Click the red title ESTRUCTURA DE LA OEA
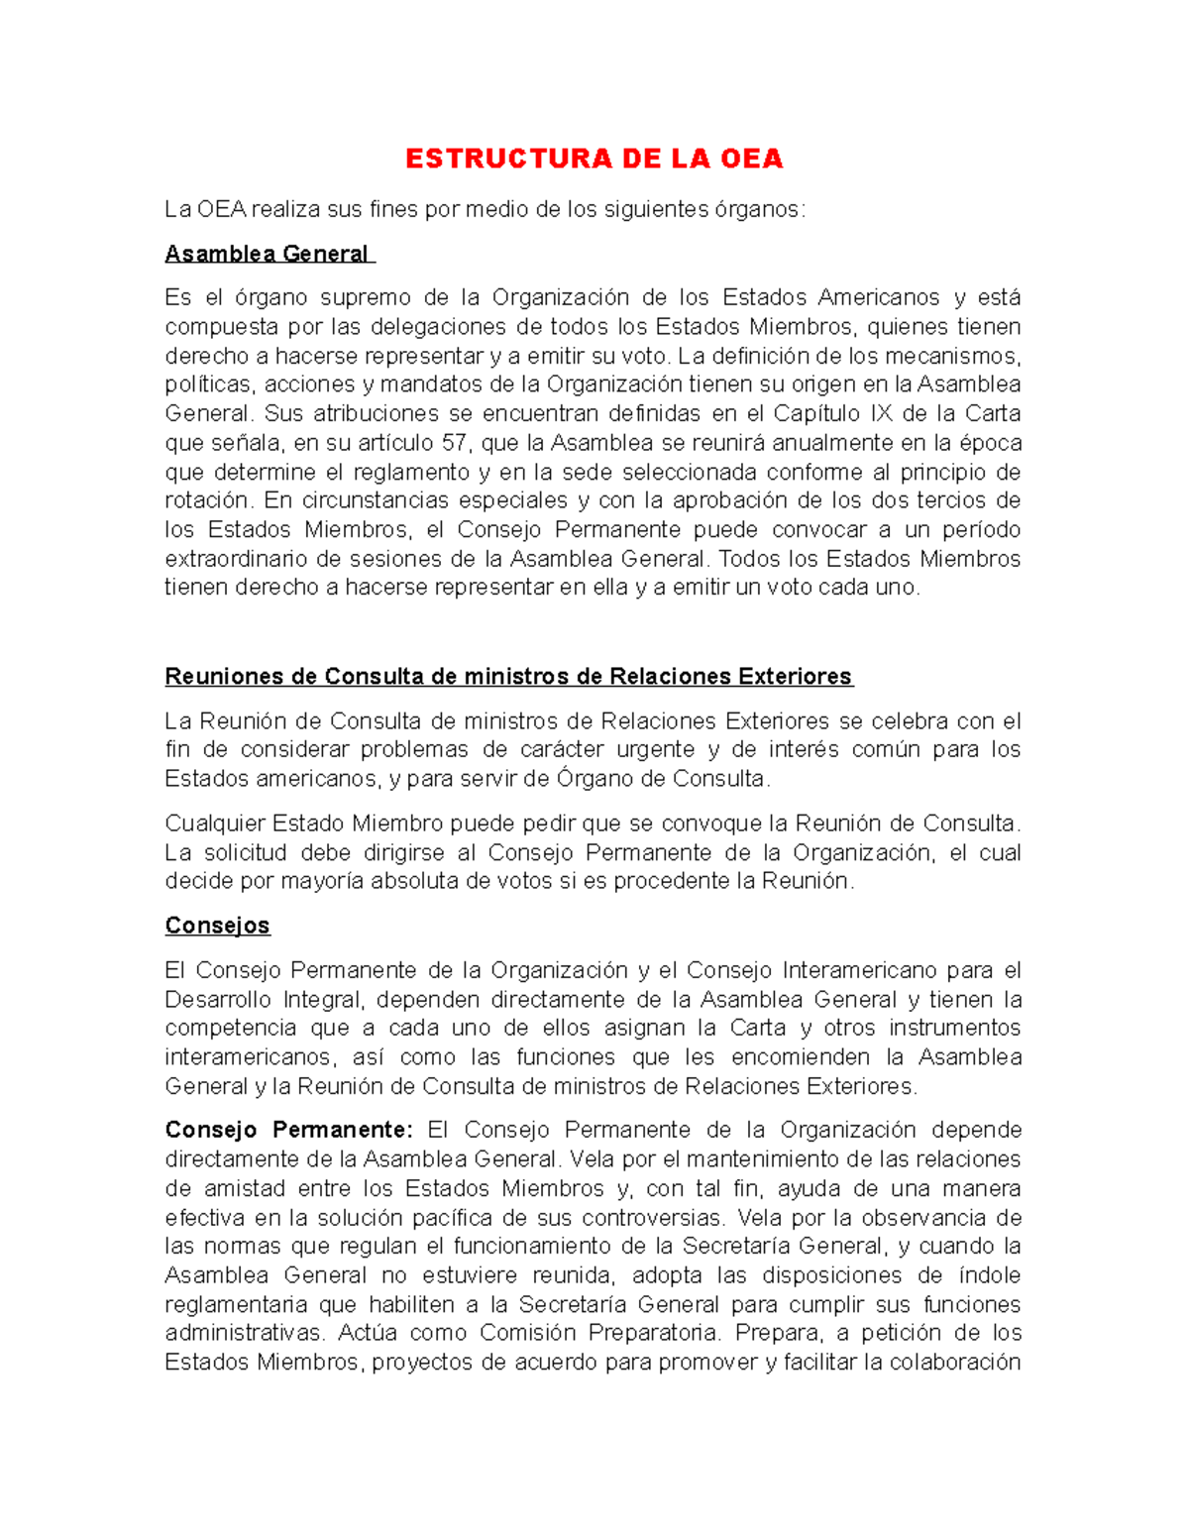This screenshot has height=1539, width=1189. (x=594, y=159)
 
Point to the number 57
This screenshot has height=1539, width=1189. (x=454, y=442)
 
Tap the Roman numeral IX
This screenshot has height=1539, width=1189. (x=881, y=413)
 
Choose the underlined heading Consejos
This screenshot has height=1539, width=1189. (x=217, y=926)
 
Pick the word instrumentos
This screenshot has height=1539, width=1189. (x=954, y=1028)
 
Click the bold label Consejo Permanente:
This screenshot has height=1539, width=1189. (x=287, y=1130)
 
